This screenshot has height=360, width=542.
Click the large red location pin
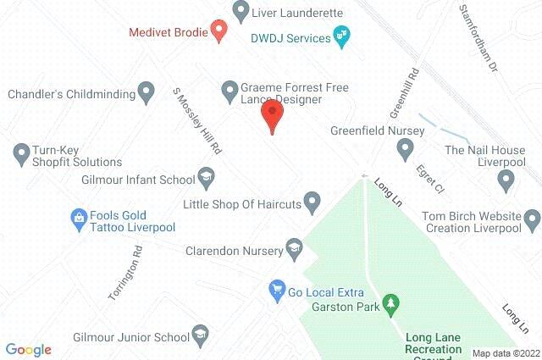coord(271,115)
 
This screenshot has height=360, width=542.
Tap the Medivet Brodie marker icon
coord(218,33)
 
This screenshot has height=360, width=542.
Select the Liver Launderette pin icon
coord(241,13)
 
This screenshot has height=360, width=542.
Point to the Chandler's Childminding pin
coord(146,90)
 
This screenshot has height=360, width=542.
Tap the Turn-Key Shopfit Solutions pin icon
coord(21,153)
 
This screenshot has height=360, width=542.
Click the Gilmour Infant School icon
coord(205,177)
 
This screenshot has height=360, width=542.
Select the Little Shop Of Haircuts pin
coord(312,202)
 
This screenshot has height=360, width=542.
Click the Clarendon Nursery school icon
coord(294,247)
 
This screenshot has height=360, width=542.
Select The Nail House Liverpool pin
coord(506,180)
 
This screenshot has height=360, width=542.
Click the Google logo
coord(28,349)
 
